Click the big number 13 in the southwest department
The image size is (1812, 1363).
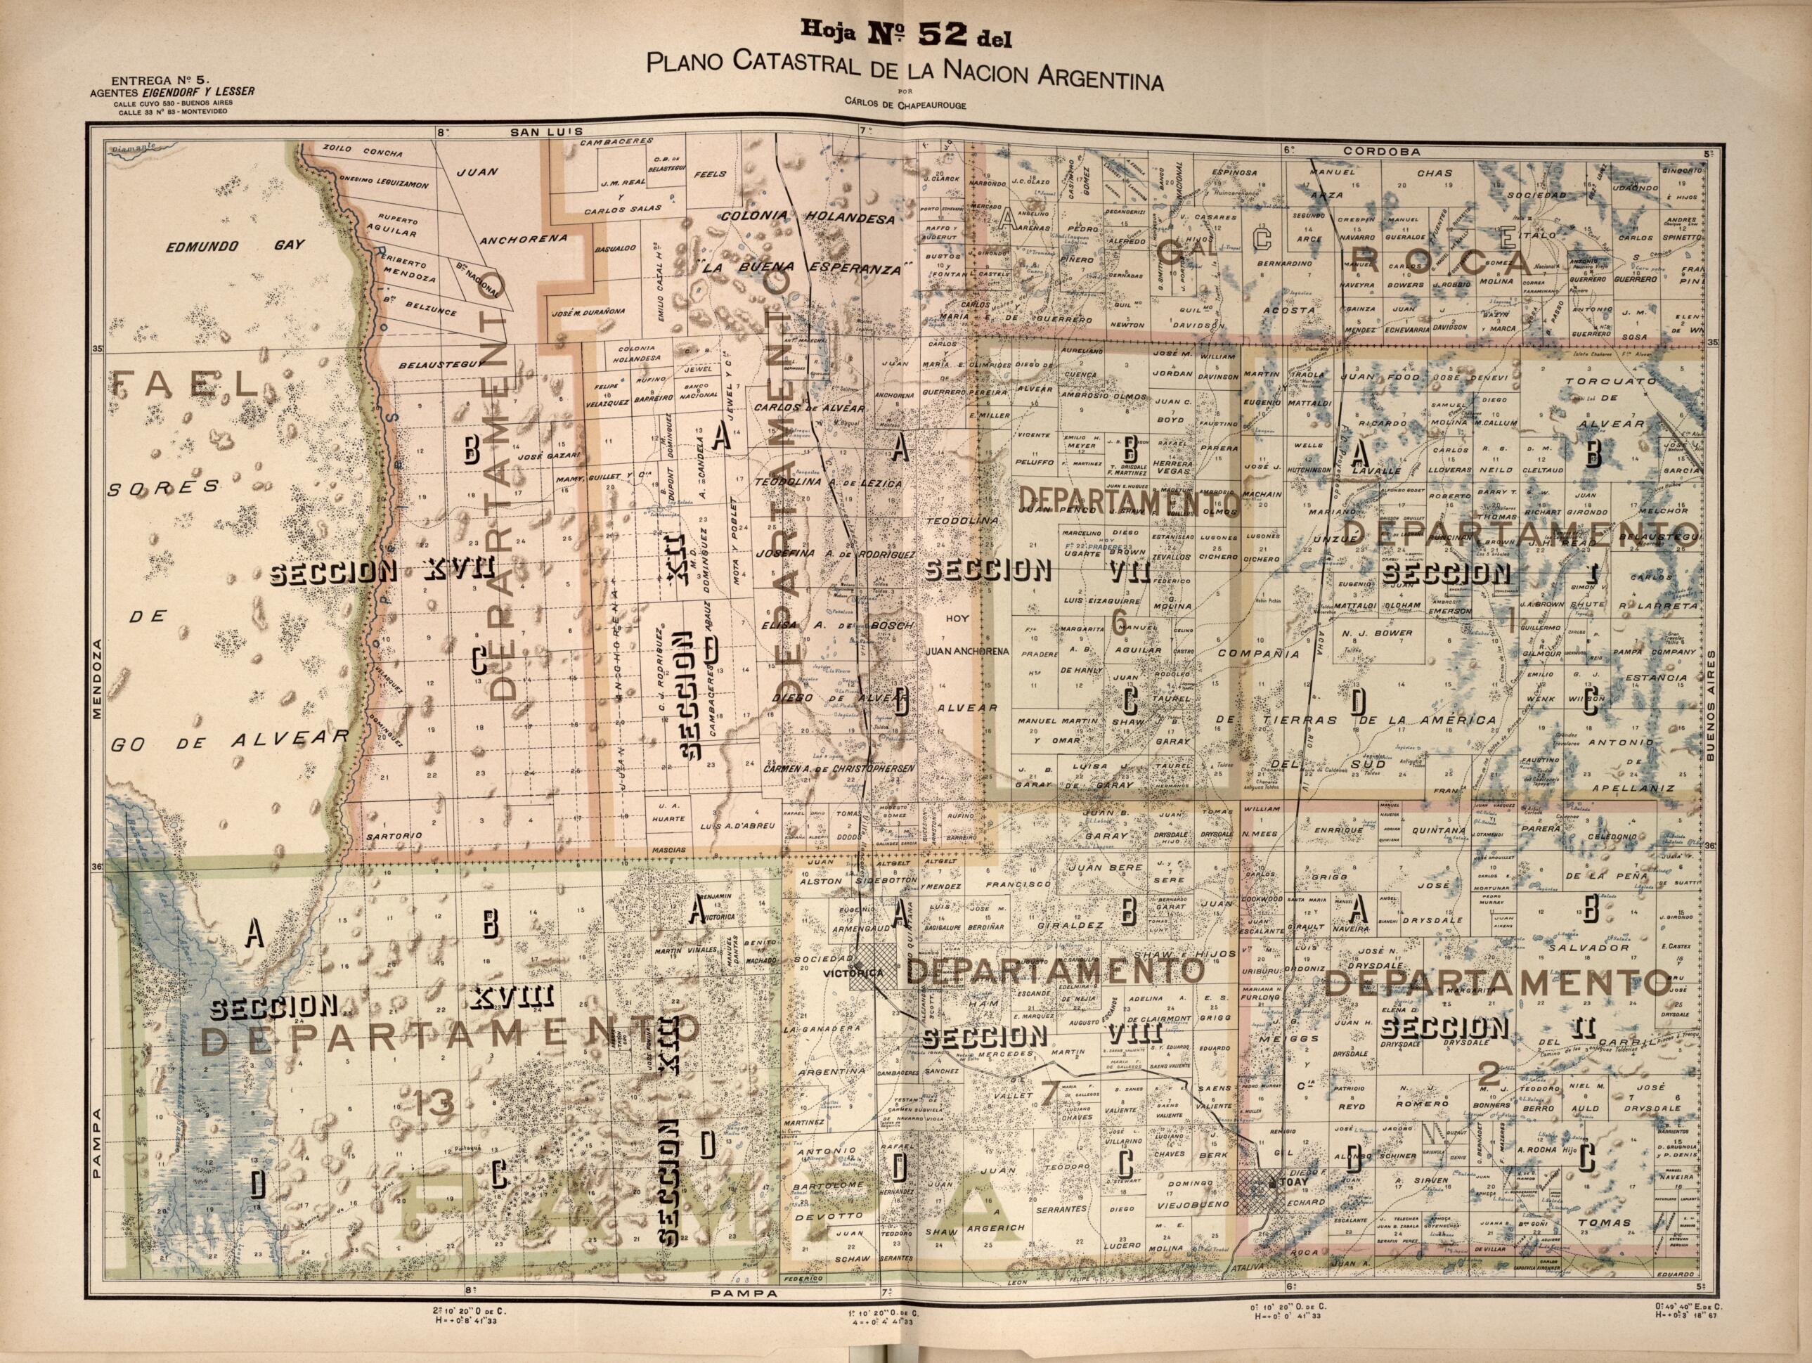pos(434,1104)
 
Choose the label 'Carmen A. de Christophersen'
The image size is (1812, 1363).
pos(838,769)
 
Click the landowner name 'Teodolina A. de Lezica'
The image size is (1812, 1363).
pos(827,484)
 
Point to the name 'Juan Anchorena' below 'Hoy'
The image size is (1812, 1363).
pos(966,653)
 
